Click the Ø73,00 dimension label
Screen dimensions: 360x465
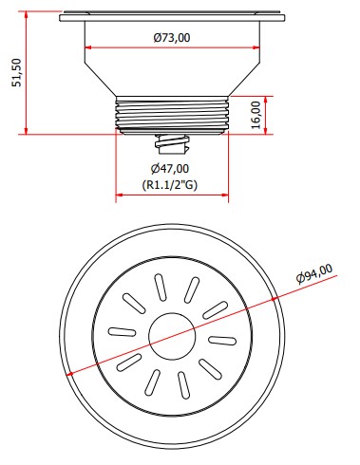click(x=172, y=38)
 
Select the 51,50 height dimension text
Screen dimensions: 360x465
click(x=17, y=72)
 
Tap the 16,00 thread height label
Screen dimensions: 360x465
click(x=256, y=115)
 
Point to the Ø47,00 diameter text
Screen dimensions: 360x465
click(x=170, y=169)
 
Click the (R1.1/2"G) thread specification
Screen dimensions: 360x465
click(x=170, y=185)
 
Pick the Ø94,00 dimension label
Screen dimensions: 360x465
click(x=314, y=274)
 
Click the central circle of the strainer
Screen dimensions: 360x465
click(x=172, y=337)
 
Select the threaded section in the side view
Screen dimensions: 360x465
click(x=172, y=115)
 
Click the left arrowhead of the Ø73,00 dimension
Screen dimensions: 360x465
click(x=87, y=47)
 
